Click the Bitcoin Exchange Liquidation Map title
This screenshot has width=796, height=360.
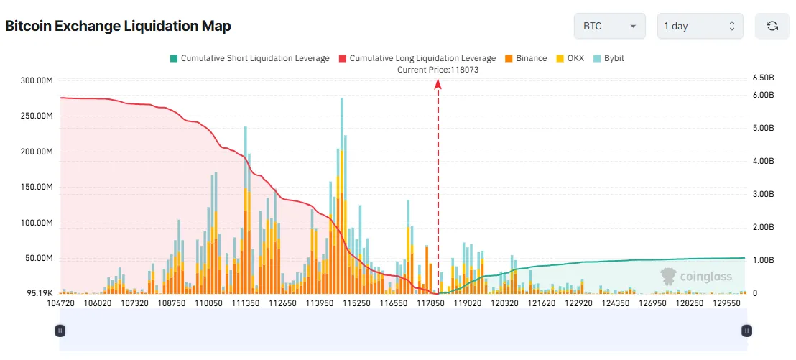[118, 27]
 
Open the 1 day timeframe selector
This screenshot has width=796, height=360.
[700, 26]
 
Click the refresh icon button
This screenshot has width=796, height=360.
[772, 26]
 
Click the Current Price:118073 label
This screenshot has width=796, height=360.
[438, 70]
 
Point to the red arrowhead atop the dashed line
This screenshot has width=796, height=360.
[438, 84]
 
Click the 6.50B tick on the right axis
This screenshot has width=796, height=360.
[763, 78]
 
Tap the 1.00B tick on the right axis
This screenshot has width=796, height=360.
[763, 260]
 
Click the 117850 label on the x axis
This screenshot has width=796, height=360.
[432, 304]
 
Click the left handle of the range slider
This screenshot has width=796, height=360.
[60, 331]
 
